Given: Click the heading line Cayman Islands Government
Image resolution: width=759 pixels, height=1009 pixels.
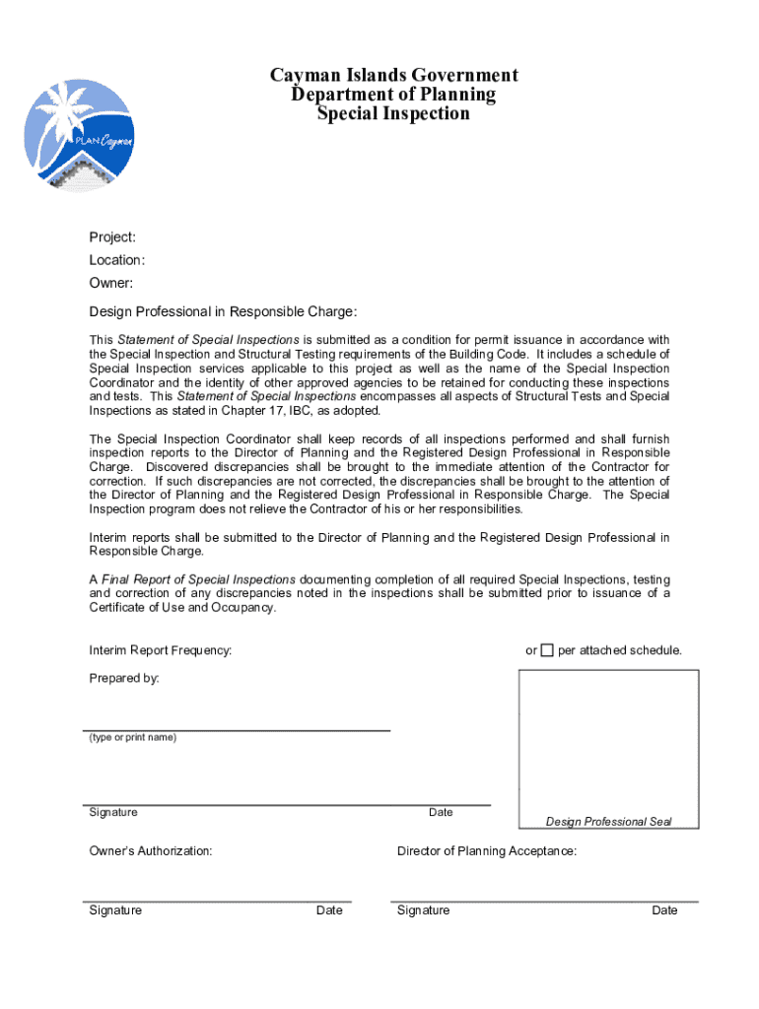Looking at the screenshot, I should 393,76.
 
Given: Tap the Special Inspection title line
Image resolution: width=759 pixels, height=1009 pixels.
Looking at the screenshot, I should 393,113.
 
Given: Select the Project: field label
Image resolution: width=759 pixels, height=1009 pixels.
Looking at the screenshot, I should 112,237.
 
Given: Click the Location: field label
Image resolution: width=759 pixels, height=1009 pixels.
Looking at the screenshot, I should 117,260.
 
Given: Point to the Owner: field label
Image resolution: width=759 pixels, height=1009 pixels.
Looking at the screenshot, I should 110,284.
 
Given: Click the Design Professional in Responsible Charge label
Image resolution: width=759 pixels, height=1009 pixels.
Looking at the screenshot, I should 223,311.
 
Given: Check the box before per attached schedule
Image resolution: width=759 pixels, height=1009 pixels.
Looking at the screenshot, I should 547,650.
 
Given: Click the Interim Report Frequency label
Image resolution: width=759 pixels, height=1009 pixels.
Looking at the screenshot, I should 161,650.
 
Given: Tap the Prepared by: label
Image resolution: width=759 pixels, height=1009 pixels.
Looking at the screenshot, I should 124,678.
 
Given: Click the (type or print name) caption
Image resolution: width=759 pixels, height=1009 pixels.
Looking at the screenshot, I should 133,737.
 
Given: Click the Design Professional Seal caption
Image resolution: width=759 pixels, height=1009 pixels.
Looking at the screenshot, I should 608,822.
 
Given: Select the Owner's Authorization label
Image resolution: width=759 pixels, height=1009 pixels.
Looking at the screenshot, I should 151,850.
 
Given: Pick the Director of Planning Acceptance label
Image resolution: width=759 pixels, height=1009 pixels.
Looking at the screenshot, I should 487,850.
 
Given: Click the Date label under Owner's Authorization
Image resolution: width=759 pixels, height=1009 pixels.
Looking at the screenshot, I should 329,910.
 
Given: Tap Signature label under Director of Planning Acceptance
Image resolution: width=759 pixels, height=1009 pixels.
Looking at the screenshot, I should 423,910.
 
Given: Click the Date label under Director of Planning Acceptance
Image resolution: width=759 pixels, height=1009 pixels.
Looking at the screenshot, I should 664,910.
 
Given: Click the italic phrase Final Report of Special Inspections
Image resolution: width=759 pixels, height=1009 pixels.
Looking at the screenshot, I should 198,578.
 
